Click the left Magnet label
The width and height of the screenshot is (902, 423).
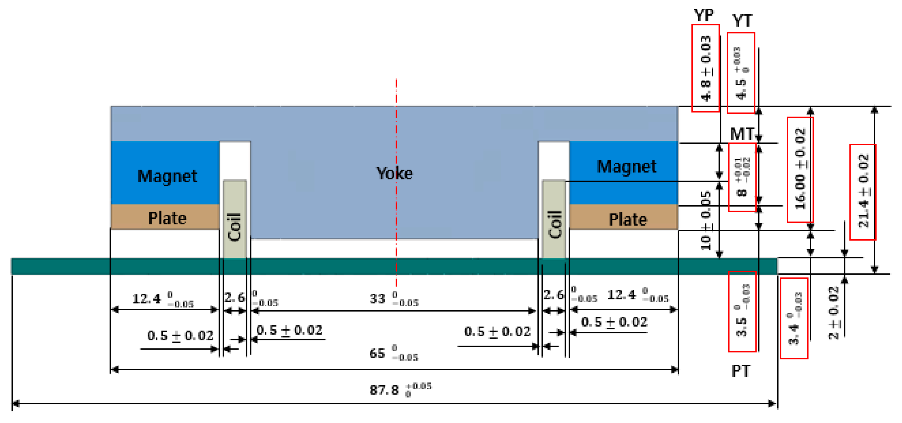167,176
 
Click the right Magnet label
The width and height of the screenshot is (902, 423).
627,166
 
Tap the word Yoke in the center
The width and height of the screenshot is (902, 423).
394,173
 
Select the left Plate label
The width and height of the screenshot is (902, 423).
167,218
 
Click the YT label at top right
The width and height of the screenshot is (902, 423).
742,21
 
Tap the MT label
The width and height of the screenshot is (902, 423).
742,134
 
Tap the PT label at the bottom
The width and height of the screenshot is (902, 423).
741,371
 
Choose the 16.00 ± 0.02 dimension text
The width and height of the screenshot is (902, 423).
800,169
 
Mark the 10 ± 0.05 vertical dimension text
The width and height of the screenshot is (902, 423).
706,221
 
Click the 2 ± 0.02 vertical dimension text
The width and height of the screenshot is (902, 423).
834,313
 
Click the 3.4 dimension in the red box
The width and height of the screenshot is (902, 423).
794,318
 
